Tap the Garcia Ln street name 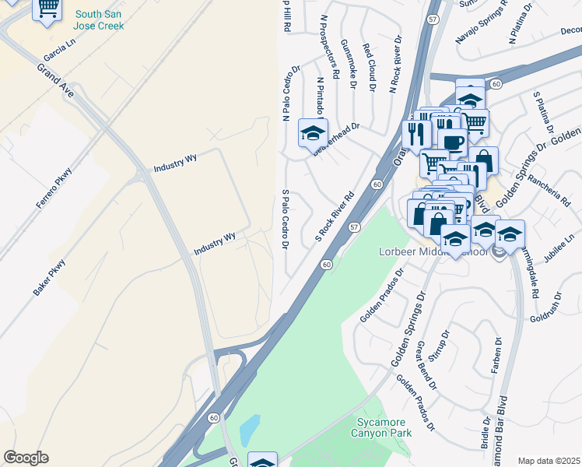[x=59, y=52]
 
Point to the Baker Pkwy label [x=49, y=276]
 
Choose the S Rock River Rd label [x=335, y=216]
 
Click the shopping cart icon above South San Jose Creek [x=48, y=8]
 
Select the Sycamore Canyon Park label [x=383, y=427]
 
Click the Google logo [x=26, y=458]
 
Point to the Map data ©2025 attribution [x=549, y=461]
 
